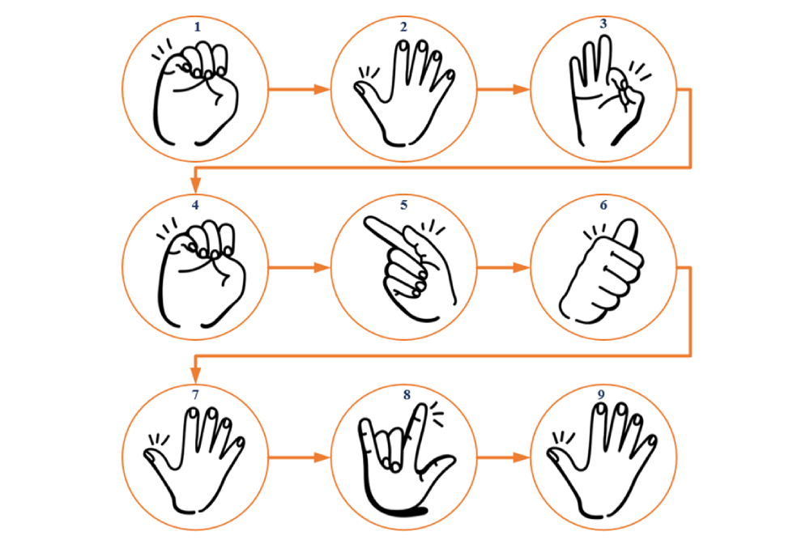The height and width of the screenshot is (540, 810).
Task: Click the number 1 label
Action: coord(197,27)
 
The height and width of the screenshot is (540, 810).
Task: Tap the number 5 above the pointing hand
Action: coord(404,205)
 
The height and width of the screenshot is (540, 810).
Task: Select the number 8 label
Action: coord(407,395)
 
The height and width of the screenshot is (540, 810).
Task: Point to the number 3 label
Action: coord(603,23)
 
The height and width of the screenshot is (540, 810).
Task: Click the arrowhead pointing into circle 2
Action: coord(322,89)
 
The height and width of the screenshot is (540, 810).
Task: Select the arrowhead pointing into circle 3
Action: coord(522,89)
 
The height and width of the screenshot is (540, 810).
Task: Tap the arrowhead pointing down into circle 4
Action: coord(195,185)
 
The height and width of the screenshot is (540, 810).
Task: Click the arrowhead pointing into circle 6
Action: coord(522,267)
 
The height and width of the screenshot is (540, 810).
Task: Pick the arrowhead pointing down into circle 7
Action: coord(195,374)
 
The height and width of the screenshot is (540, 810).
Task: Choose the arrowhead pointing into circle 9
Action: coord(522,457)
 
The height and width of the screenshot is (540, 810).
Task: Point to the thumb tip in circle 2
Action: coord(360,89)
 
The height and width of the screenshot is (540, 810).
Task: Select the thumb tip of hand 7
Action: coord(150,455)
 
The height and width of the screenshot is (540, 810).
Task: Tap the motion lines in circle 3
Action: coord(640,71)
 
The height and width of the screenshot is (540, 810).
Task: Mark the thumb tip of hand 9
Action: coord(553,455)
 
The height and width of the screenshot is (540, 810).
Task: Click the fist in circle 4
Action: coord(202,274)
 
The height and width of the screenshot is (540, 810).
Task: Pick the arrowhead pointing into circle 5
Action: coord(322,267)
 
